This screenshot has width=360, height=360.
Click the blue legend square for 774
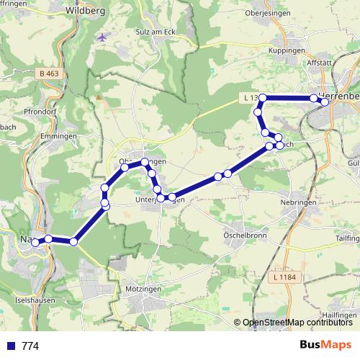[9, 346]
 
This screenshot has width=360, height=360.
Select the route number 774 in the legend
[30, 346]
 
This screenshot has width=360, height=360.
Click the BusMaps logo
[325, 346]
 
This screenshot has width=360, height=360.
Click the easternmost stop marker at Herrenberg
[325, 102]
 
